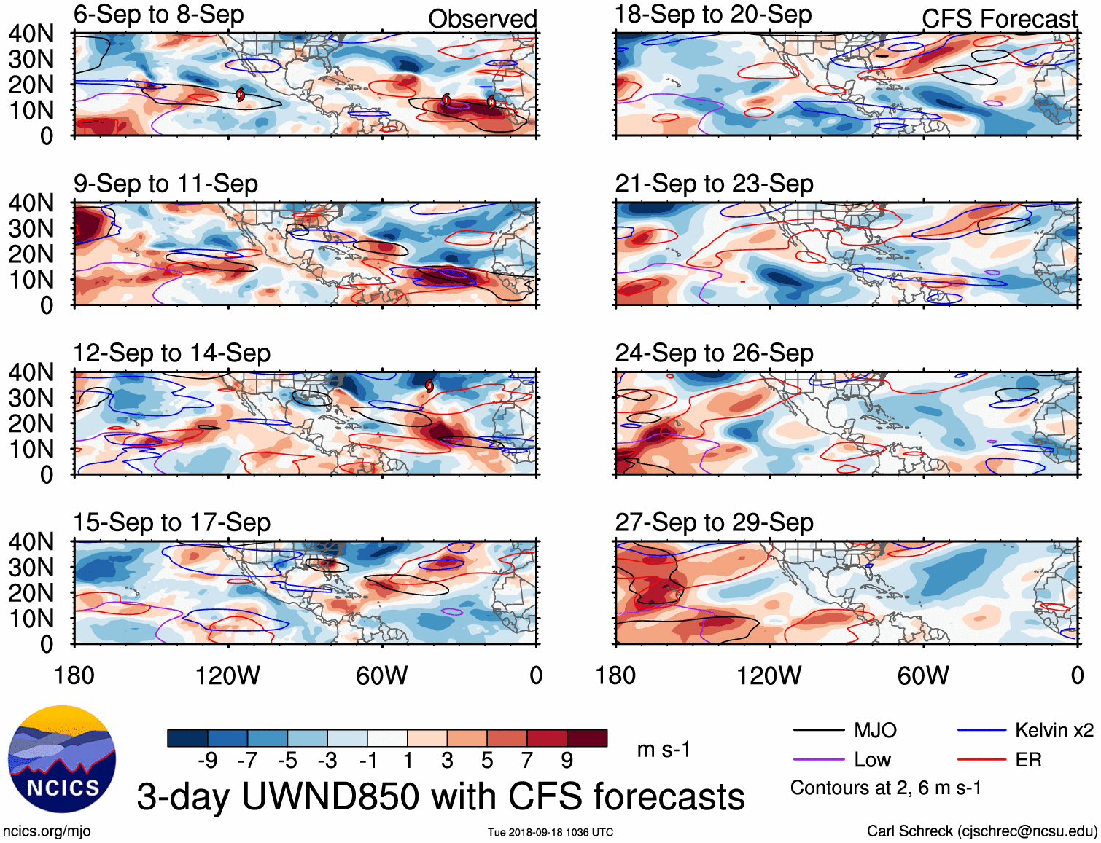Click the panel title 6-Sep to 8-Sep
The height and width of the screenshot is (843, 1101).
[x=158, y=15]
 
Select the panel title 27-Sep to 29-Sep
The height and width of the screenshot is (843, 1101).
[x=714, y=522]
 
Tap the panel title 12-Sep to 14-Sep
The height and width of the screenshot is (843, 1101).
[x=171, y=353]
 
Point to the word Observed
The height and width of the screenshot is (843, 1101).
[x=482, y=19]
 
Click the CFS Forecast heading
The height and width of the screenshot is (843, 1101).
[x=999, y=19]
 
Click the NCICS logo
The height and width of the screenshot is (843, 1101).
[x=62, y=759]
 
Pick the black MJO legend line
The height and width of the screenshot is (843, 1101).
[x=818, y=730]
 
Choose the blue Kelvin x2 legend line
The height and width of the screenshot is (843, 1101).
[x=981, y=730]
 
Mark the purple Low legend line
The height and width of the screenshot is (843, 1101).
[x=818, y=760]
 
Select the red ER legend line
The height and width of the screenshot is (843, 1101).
[x=981, y=760]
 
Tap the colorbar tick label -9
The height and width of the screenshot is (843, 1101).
[x=207, y=761]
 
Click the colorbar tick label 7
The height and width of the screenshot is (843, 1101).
[x=527, y=761]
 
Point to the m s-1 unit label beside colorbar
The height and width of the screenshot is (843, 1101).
[x=664, y=749]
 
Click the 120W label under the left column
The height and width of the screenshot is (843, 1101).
[x=227, y=675]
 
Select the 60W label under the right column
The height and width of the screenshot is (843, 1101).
[x=923, y=675]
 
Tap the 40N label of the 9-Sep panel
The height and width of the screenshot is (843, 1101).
[x=31, y=203]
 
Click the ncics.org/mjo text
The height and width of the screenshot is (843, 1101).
[x=47, y=831]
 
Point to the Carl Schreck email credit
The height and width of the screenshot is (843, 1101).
[x=981, y=831]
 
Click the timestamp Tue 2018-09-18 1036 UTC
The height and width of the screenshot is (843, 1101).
[x=550, y=832]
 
